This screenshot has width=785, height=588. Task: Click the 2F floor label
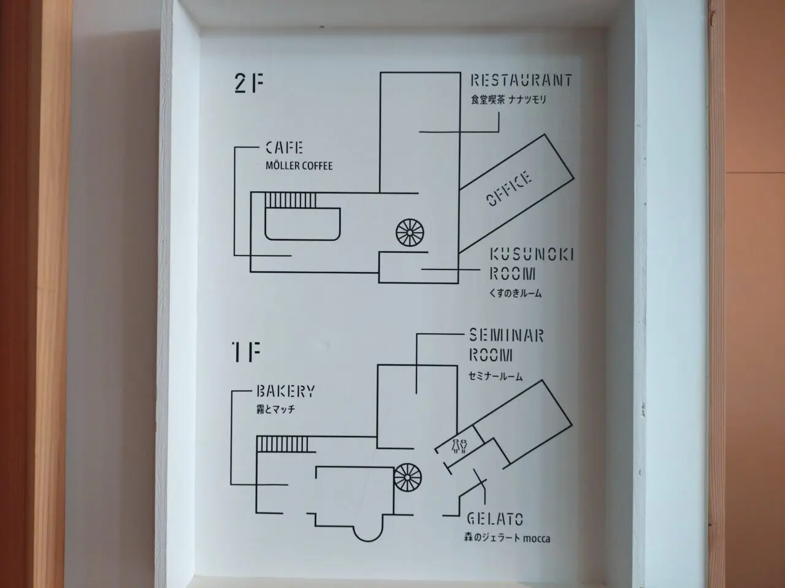pyautogui.click(x=249, y=83)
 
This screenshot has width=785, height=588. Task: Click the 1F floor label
pyautogui.click(x=247, y=352)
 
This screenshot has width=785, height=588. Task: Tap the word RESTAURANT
pyautogui.click(x=521, y=80)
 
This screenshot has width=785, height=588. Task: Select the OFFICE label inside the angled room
pyautogui.click(x=509, y=189)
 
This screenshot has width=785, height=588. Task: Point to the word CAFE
pyautogui.click(x=285, y=148)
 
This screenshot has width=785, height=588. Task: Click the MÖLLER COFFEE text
pyautogui.click(x=299, y=166)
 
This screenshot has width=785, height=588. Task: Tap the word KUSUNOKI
pyautogui.click(x=532, y=255)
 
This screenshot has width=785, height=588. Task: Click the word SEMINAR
pyautogui.click(x=507, y=336)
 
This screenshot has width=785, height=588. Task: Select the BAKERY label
pyautogui.click(x=286, y=391)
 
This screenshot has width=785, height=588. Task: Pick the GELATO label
pyautogui.click(x=495, y=519)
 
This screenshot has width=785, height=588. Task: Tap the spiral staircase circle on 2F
pyautogui.click(x=410, y=233)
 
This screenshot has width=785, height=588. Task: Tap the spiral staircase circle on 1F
pyautogui.click(x=408, y=477)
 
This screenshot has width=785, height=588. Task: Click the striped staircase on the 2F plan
pyautogui.click(x=291, y=200)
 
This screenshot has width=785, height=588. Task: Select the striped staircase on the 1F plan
pyautogui.click(x=282, y=445)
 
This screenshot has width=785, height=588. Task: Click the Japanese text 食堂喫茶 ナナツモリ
pyautogui.click(x=508, y=100)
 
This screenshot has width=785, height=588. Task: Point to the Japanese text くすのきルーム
pyautogui.click(x=515, y=293)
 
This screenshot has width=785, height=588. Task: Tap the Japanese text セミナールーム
pyautogui.click(x=496, y=376)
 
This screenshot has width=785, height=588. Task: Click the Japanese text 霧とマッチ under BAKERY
pyautogui.click(x=275, y=410)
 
